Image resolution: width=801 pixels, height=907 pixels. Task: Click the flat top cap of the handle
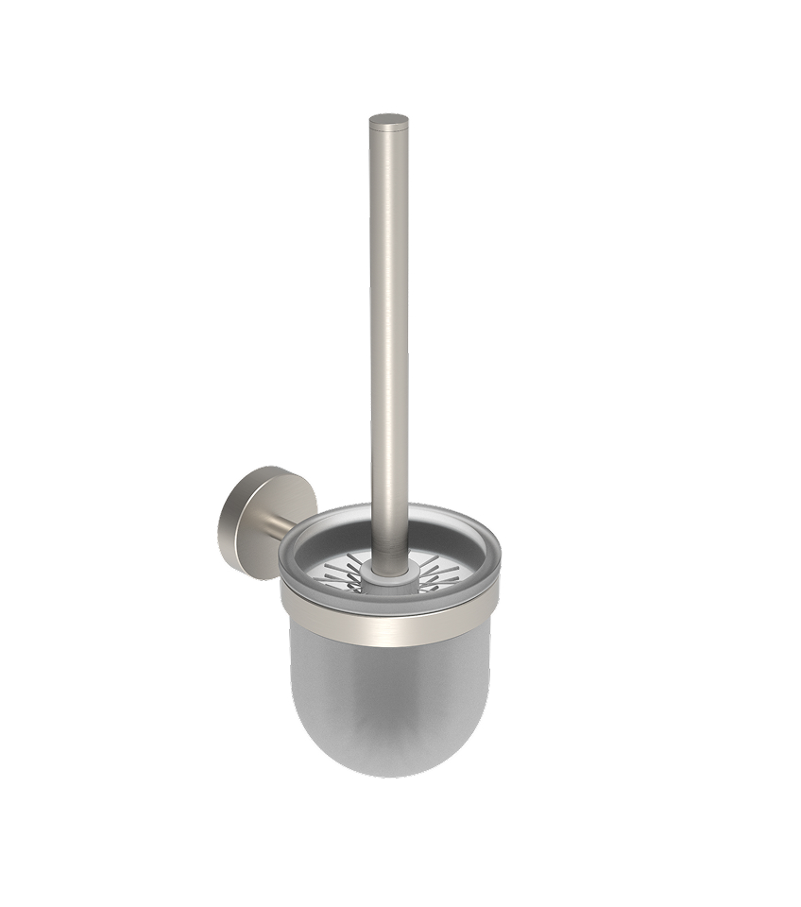388,120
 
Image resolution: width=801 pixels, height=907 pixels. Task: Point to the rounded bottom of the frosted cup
389,756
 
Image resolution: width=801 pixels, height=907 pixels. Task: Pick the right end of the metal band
491,605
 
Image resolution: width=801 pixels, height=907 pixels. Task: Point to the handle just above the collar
388,543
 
